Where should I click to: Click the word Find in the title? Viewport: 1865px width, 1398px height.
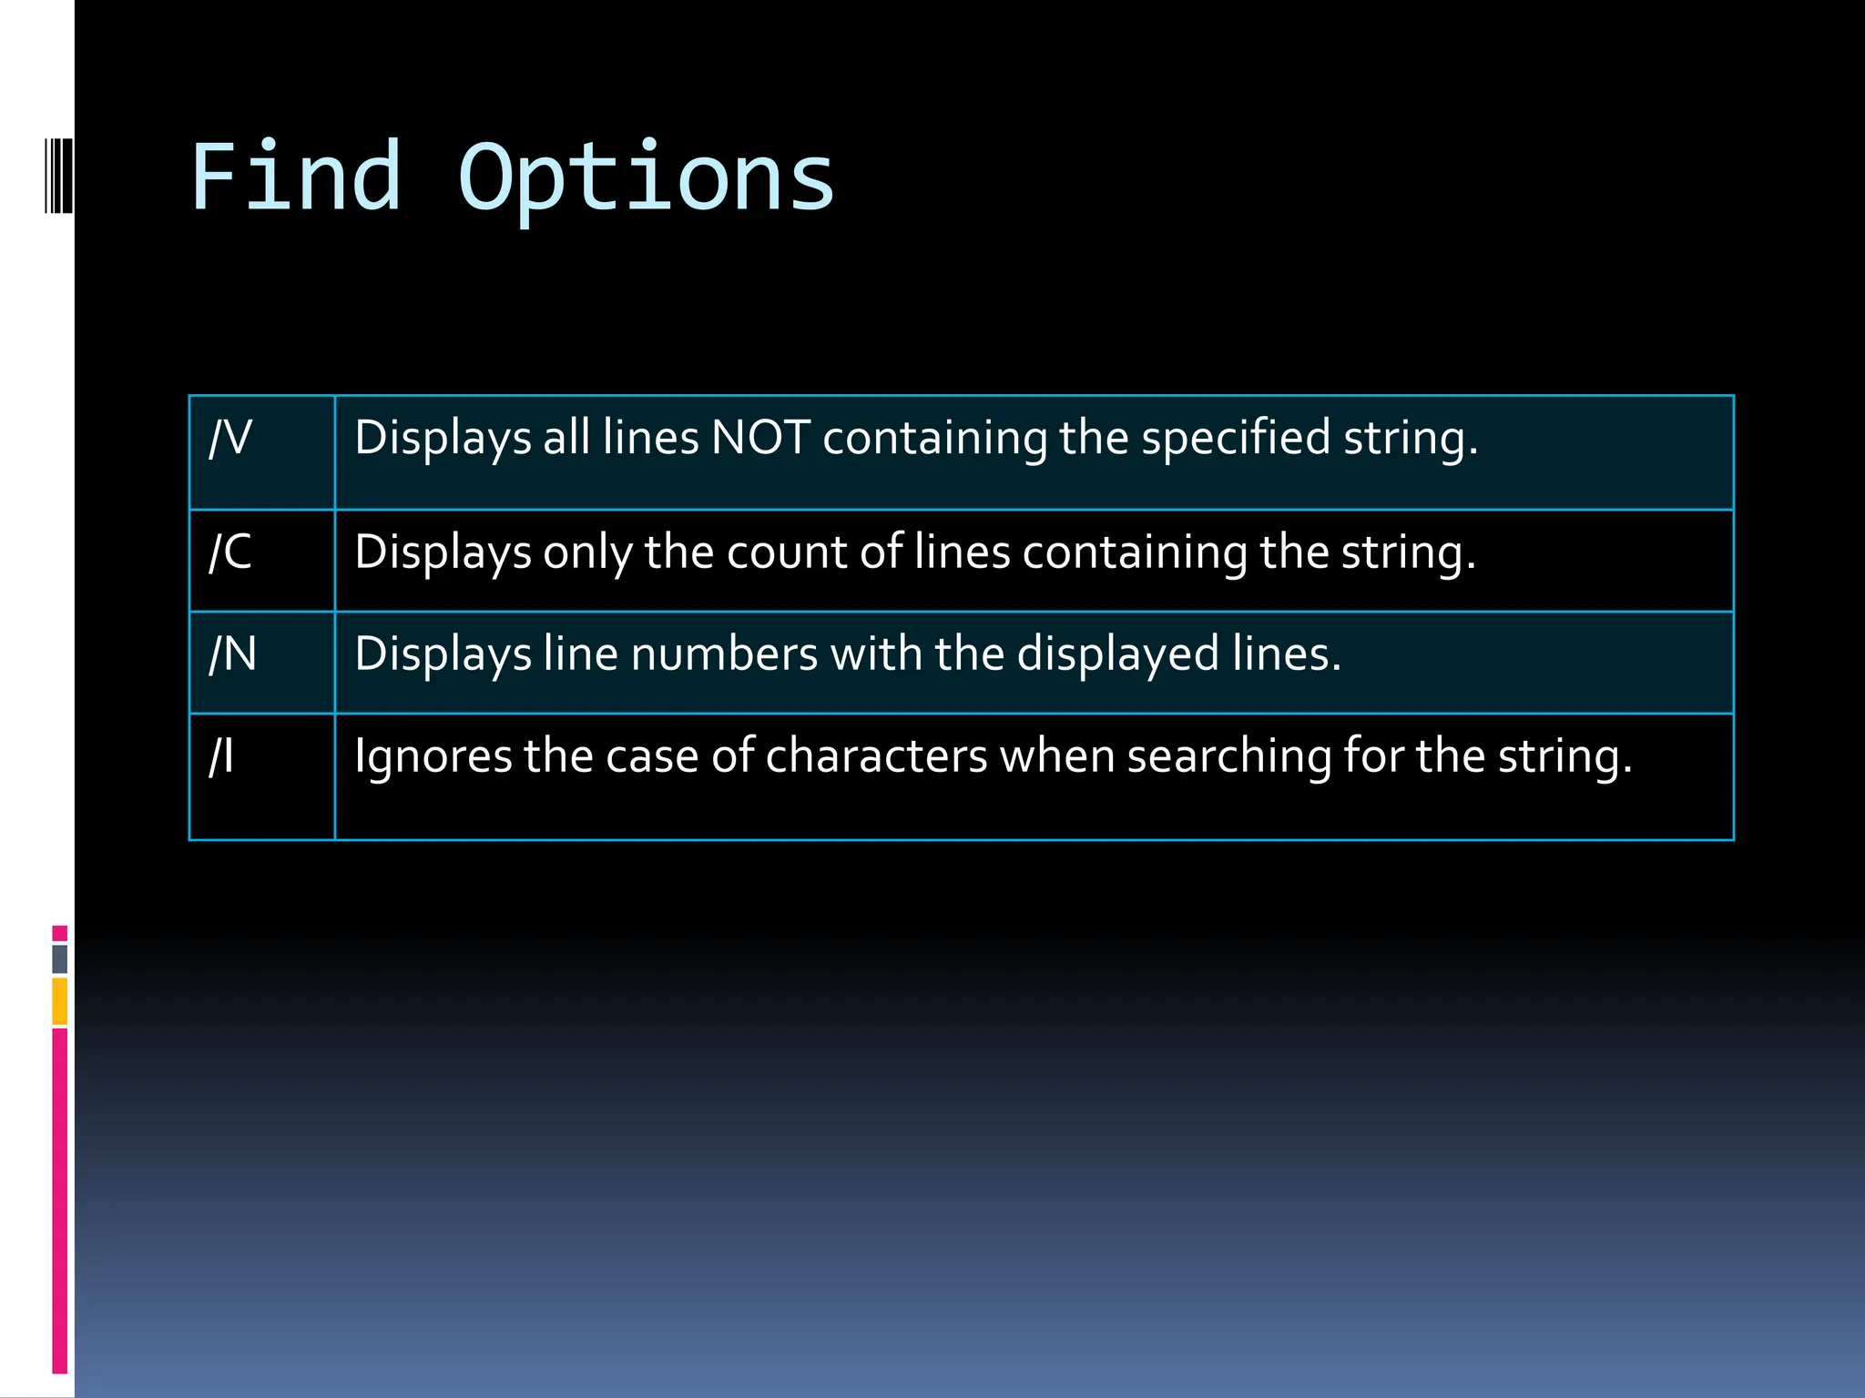coord(295,177)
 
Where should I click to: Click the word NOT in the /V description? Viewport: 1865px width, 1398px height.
coord(760,438)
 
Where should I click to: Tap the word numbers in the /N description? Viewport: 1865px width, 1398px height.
coord(724,654)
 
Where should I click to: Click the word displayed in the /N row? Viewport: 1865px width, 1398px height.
coord(1117,654)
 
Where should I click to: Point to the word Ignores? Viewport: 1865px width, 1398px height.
coord(433,756)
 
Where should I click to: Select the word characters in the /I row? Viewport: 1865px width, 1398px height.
coord(876,756)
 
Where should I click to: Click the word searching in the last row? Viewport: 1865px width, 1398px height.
coord(1229,756)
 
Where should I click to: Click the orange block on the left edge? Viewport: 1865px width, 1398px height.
coord(60,1001)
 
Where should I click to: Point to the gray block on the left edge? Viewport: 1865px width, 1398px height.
coord(60,958)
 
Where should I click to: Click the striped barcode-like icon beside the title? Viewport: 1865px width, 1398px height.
coord(57,175)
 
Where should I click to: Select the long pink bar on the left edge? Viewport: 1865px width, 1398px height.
coord(60,1200)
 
